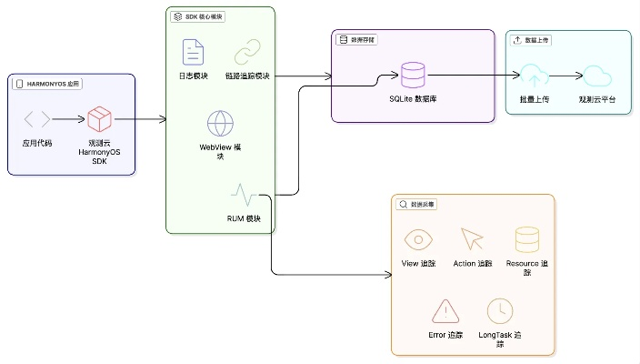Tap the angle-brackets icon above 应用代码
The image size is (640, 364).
pos(37,118)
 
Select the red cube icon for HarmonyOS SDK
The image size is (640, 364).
pos(99,118)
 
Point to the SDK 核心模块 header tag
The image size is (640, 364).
pos(198,16)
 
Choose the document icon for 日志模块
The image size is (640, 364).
pos(192,51)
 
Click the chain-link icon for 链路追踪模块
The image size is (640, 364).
pos(247,51)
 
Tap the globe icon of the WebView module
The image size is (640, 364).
pos(221,123)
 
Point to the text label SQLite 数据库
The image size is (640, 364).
pos(414,98)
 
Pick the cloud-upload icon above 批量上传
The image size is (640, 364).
pos(534,76)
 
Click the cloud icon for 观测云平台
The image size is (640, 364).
pos(596,76)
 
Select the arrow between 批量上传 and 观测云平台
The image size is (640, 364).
pos(565,76)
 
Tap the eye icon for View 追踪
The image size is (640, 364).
pos(418,239)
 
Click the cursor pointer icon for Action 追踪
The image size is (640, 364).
pos(472,239)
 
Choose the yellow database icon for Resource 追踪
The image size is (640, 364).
pos(526,239)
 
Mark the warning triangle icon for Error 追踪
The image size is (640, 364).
pos(445,311)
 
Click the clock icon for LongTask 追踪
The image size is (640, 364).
pos(499,311)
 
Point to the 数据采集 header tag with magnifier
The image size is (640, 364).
pos(418,205)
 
